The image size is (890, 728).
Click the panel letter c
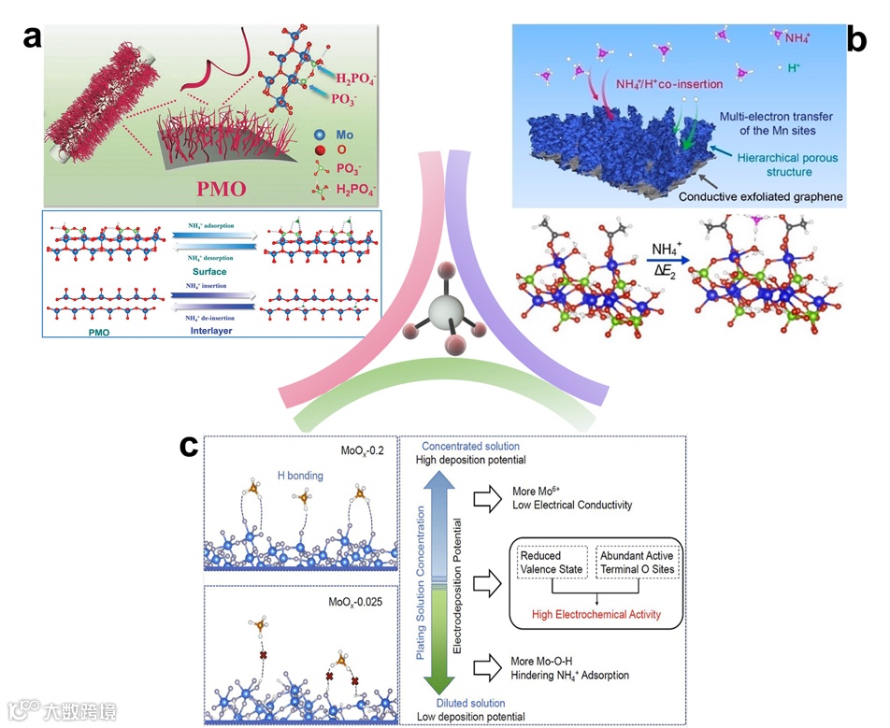(189, 447)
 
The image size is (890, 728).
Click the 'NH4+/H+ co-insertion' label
(668, 84)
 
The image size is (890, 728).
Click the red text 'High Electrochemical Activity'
(596, 614)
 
